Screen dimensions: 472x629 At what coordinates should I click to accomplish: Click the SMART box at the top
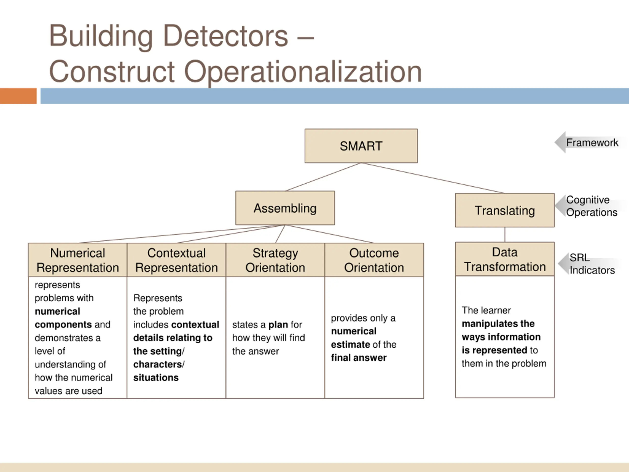[x=361, y=146]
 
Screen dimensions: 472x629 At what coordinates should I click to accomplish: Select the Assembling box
[x=285, y=208]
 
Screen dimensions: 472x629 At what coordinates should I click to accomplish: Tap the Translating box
[x=505, y=210]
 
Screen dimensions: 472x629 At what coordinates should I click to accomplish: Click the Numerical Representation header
[x=78, y=260]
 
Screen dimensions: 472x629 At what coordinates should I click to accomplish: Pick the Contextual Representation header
[x=176, y=260]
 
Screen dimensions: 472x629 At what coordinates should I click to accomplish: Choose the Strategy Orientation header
[x=275, y=260]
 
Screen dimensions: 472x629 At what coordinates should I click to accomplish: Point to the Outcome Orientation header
[x=374, y=260]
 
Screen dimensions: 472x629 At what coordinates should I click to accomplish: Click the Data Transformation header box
[x=505, y=259]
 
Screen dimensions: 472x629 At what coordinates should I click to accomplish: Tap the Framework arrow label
[x=591, y=143]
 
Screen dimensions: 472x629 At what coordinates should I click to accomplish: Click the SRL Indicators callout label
[x=591, y=264]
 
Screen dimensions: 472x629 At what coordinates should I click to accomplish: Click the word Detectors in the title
[x=226, y=36]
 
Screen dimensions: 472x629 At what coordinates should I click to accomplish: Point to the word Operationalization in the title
[x=303, y=72]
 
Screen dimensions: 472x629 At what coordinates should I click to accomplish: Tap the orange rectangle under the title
[x=18, y=96]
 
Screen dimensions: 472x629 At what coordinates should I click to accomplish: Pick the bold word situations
[x=156, y=378]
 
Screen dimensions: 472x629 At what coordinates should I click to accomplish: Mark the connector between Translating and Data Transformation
[x=505, y=235]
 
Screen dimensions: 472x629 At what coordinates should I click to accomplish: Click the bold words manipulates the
[x=498, y=324]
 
